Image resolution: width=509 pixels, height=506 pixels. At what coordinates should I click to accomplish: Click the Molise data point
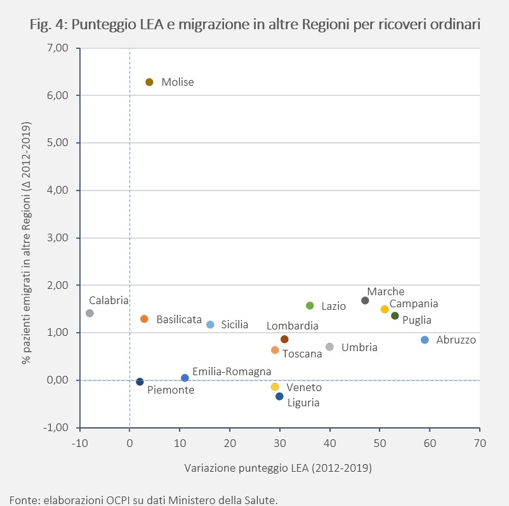[x=149, y=82]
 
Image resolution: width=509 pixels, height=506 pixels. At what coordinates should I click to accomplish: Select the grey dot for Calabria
[x=90, y=313]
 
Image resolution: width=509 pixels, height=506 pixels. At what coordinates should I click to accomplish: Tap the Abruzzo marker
[x=425, y=340]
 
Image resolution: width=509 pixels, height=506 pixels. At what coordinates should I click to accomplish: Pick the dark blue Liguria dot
[x=279, y=396]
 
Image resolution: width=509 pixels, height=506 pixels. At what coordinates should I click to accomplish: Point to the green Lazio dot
[x=310, y=305]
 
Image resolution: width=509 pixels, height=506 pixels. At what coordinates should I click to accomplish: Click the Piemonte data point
[x=140, y=382]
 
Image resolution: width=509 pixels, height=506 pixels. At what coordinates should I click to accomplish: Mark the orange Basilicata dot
[x=145, y=319]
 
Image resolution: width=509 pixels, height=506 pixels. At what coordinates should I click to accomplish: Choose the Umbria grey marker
[x=329, y=347]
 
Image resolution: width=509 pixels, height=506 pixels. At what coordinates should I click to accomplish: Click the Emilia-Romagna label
[x=232, y=371]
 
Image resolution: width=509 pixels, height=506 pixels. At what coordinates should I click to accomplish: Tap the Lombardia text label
[x=293, y=326]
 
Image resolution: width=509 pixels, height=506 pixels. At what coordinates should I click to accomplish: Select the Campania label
[x=414, y=303]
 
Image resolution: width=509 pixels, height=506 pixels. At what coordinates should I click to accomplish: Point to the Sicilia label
[x=235, y=324]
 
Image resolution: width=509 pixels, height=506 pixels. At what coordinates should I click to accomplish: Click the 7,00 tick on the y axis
[x=58, y=48]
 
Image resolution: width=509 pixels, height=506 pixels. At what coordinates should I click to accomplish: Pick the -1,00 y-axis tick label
[x=55, y=427]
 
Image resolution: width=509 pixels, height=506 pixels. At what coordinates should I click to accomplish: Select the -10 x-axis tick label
[x=80, y=443]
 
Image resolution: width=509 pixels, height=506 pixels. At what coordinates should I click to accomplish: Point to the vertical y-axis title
[x=26, y=243]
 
